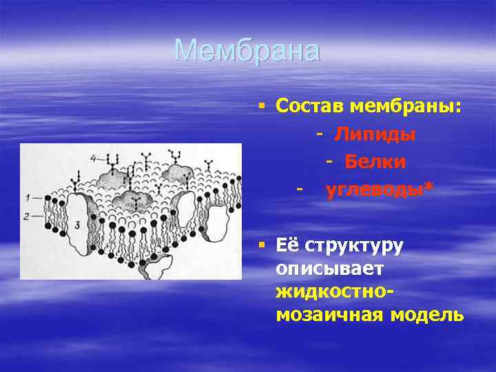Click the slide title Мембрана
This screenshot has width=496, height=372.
[247, 50]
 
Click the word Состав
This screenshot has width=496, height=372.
[310, 106]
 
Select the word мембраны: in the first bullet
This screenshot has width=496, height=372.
[406, 106]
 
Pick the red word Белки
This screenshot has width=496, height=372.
[375, 161]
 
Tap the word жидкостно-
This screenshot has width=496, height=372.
[335, 292]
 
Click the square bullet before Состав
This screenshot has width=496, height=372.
[262, 106]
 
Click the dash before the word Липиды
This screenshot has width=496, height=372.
[320, 134]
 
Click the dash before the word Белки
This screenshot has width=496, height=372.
[330, 161]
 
